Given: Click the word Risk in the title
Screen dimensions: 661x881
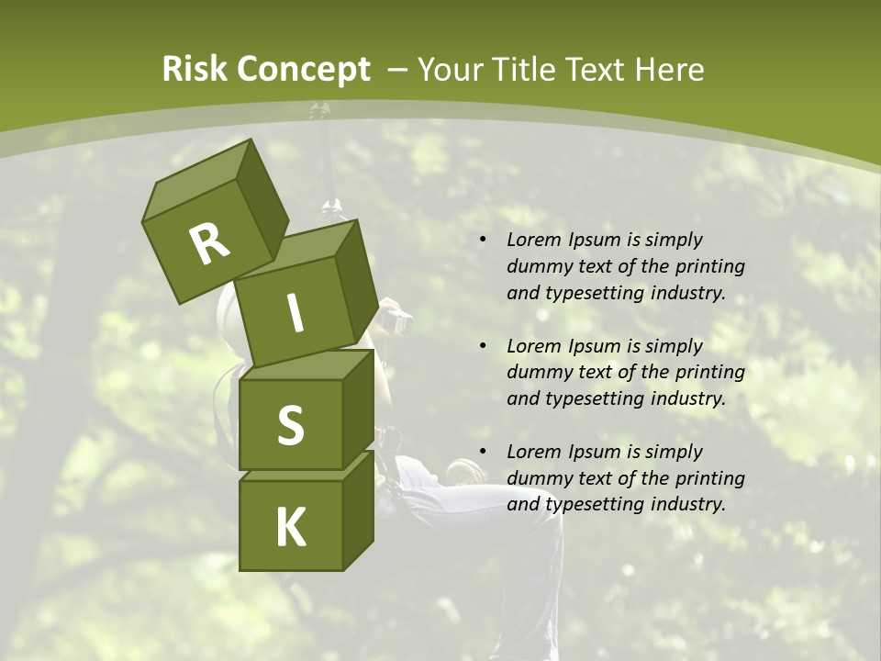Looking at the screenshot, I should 195,70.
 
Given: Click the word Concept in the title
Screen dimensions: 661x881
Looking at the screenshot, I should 304,70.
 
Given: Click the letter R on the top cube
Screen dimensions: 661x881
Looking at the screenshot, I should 209,244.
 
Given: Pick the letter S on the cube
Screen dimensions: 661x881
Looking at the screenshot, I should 290,425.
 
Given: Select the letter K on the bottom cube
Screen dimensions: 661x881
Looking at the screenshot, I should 290,528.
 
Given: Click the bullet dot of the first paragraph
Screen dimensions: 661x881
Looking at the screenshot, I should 482,240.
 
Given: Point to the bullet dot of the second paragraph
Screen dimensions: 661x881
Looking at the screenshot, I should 482,345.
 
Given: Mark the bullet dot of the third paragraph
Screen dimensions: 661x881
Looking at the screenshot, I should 482,451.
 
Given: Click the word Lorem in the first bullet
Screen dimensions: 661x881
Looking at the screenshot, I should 533,240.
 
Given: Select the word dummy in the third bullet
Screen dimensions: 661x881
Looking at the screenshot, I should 537,477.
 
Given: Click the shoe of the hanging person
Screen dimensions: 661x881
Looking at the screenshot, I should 465,472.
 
